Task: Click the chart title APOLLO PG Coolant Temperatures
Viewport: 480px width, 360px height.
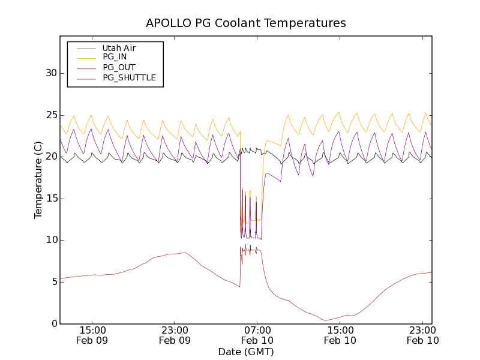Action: tap(246, 23)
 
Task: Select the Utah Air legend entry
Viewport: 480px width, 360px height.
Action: tap(118, 48)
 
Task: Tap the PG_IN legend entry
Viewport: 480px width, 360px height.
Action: tap(114, 57)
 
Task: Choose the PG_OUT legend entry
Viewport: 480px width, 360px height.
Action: tap(119, 67)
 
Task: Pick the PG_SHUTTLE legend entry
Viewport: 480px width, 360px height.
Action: tap(129, 77)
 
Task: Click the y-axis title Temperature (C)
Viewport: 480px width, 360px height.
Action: tap(38, 180)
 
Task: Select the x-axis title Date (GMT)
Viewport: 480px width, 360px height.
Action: tap(246, 352)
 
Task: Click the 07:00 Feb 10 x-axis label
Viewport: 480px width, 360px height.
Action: tap(257, 335)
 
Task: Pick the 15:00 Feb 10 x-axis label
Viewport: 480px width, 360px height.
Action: tap(340, 335)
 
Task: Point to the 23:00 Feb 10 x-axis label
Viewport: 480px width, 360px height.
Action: tap(422, 335)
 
